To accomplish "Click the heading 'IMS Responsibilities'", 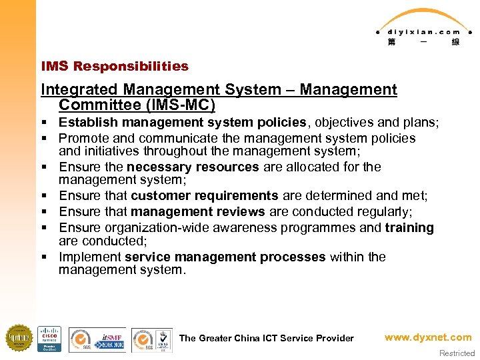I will (x=115, y=66).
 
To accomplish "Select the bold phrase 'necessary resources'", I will (x=193, y=167).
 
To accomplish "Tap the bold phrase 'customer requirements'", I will (x=205, y=196).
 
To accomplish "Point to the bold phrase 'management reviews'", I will (x=198, y=211).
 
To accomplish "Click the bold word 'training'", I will (x=409, y=228).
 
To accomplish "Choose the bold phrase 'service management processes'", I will (x=225, y=257).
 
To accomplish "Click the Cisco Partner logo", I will (x=49, y=339).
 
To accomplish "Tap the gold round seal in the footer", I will (x=18, y=338).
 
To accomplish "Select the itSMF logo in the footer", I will (x=113, y=339).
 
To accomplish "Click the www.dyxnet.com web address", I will (x=427, y=337).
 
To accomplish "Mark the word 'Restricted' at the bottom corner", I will (x=457, y=353).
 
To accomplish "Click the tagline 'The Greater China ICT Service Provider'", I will (x=267, y=338).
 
